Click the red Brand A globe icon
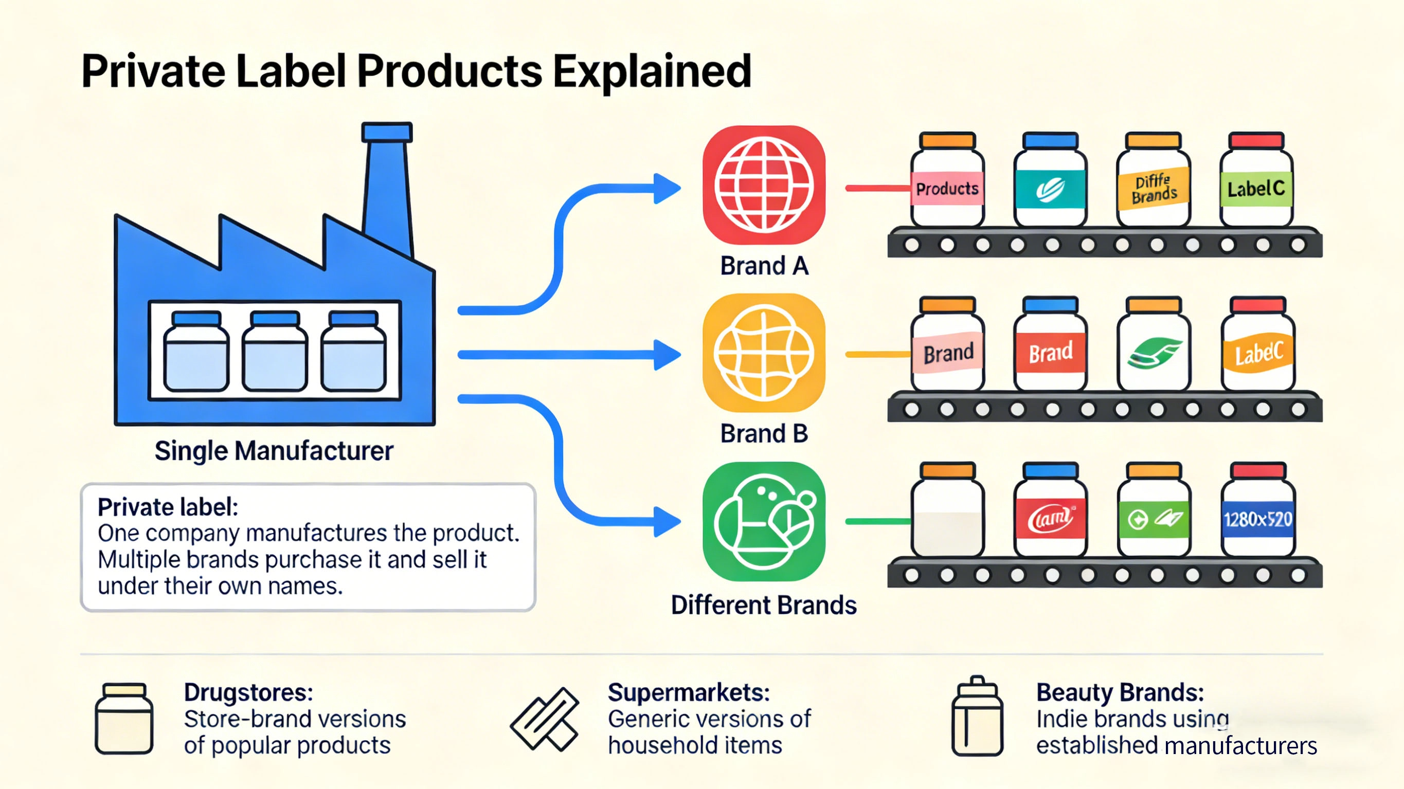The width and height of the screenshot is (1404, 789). coord(764,185)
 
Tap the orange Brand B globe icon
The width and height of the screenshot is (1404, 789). coord(764,353)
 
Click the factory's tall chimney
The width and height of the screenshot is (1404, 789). coord(387,185)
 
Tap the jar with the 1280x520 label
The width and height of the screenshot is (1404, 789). coord(1257,512)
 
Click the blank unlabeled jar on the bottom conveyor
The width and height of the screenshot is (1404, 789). coord(947,512)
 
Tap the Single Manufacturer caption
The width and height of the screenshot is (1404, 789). coord(274,451)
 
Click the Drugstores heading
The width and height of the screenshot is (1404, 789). coord(248,692)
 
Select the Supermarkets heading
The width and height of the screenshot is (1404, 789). coord(689,692)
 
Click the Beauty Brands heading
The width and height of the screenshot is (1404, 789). coord(1120,692)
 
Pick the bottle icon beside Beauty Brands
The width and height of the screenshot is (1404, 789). coord(977,717)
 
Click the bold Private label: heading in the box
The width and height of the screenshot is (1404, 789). coord(168,507)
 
